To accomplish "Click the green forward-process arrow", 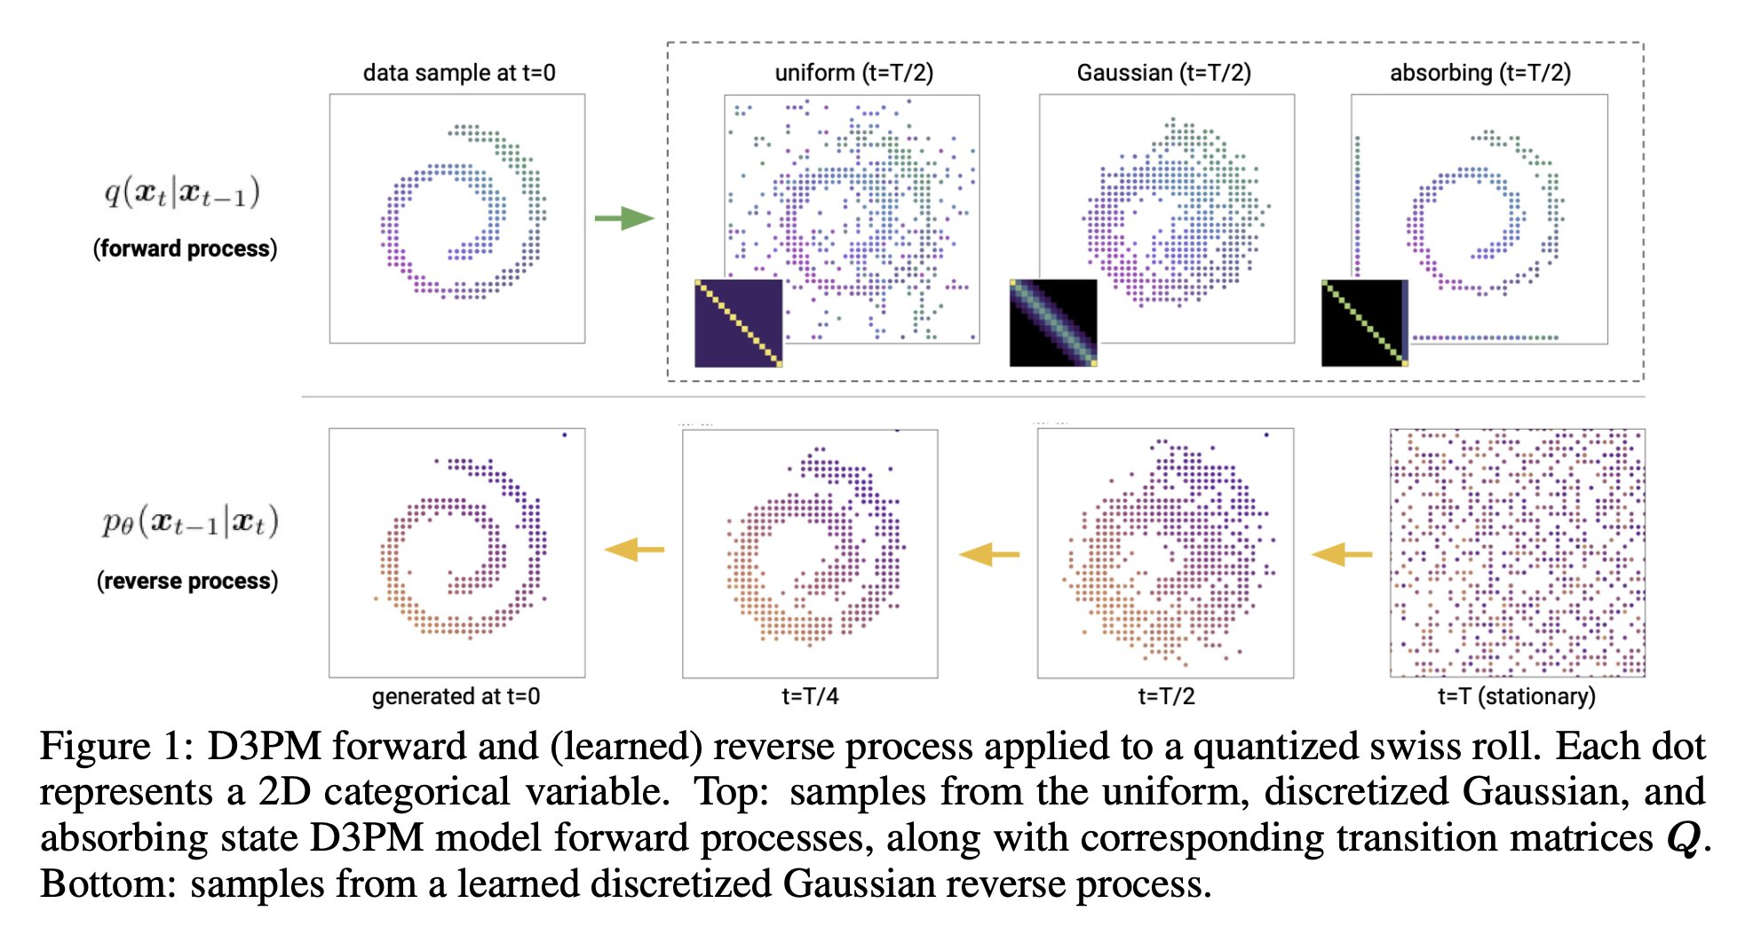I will pos(624,218).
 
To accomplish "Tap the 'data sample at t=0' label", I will pos(459,73).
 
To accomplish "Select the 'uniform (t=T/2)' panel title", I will pos(853,73).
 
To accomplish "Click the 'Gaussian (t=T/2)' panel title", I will pos(1163,73).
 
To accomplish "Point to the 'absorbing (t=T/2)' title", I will pos(1479,73).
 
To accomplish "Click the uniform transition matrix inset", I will pos(738,323).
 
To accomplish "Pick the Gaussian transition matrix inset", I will pos(1053,323).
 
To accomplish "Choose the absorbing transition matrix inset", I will pos(1365,323).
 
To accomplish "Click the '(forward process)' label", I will pos(186,249).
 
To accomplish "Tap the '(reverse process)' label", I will pos(187,581).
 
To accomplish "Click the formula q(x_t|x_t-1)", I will pos(182,192).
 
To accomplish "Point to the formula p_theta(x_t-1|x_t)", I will pos(189,522).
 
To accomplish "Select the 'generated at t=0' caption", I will pos(456,697).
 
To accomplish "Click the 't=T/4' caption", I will pos(810,697).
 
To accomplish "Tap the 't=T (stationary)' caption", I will pos(1516,697).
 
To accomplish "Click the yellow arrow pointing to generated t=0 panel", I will pos(634,551).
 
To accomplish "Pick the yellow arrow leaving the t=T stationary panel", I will pos(1342,555).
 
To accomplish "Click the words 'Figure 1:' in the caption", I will pos(116,747).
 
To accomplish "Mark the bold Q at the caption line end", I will pos(1684,838).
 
